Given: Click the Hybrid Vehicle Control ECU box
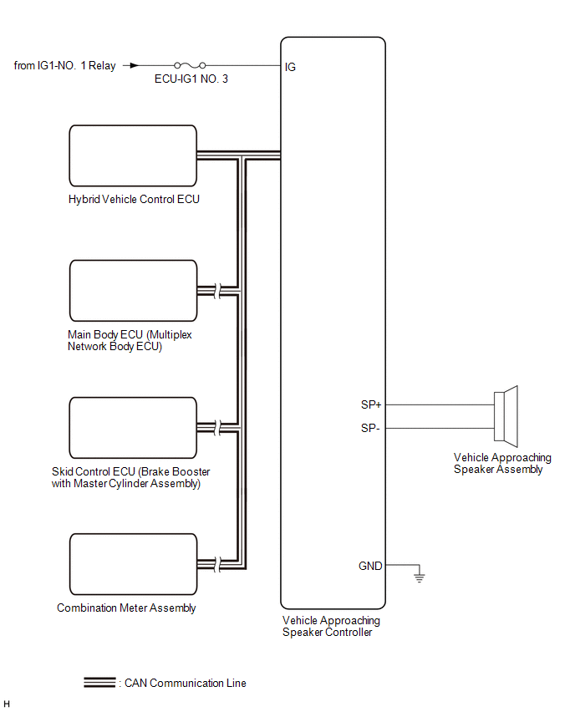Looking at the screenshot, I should (133, 156).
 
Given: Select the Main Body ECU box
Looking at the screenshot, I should (133, 291).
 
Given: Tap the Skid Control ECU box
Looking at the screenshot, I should (133, 428).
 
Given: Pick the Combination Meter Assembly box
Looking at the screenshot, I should (133, 564).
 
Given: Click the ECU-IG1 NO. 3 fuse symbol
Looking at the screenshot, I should (189, 64).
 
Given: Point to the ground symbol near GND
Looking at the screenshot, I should (419, 577).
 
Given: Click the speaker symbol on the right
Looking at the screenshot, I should (506, 415).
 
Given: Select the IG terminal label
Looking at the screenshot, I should (290, 67).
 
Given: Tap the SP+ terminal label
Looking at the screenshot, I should (370, 404).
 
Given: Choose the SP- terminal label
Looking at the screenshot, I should (370, 428).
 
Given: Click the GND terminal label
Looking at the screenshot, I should (369, 566).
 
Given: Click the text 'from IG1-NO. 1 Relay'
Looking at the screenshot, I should (65, 65).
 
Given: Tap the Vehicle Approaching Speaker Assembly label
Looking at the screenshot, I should (502, 463).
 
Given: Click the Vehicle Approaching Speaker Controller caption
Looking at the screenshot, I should (331, 626).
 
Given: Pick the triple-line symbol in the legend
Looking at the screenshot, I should (99, 683).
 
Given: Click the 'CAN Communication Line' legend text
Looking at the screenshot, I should (185, 683).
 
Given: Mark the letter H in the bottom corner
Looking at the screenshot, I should (8, 704).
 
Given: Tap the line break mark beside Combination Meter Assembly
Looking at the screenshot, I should (216, 564).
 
